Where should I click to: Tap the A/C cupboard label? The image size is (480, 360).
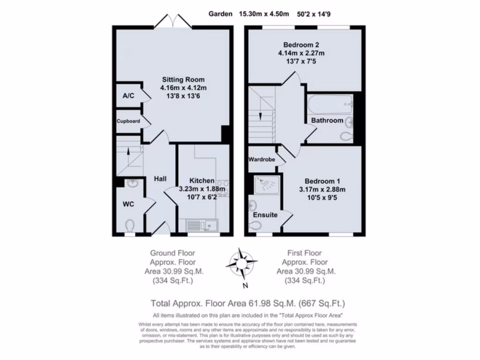click(x=128, y=96)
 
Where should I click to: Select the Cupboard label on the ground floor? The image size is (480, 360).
click(x=128, y=121)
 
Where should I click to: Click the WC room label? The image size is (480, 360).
click(x=128, y=204)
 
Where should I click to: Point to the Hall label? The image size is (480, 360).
click(x=160, y=179)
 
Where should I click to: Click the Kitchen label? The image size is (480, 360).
click(x=202, y=180)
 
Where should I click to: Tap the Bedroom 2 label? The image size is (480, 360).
click(x=301, y=45)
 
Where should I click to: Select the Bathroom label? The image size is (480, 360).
click(x=327, y=120)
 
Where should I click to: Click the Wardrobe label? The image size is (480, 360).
click(x=262, y=159)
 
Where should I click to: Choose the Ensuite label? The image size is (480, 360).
click(x=265, y=215)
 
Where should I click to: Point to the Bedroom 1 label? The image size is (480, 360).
click(x=322, y=181)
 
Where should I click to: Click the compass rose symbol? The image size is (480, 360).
click(x=241, y=263)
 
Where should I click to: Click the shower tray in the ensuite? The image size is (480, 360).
click(x=267, y=184)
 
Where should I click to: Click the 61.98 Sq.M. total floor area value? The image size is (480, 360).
click(x=264, y=303)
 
